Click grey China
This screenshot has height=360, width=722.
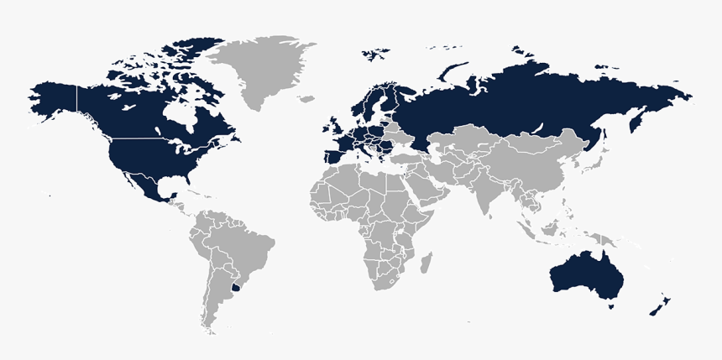pos(529,164)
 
